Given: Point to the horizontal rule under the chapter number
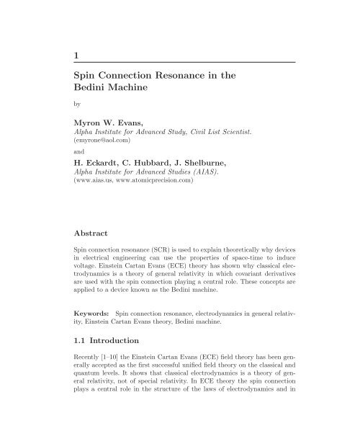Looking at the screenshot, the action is (x=180, y=63).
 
